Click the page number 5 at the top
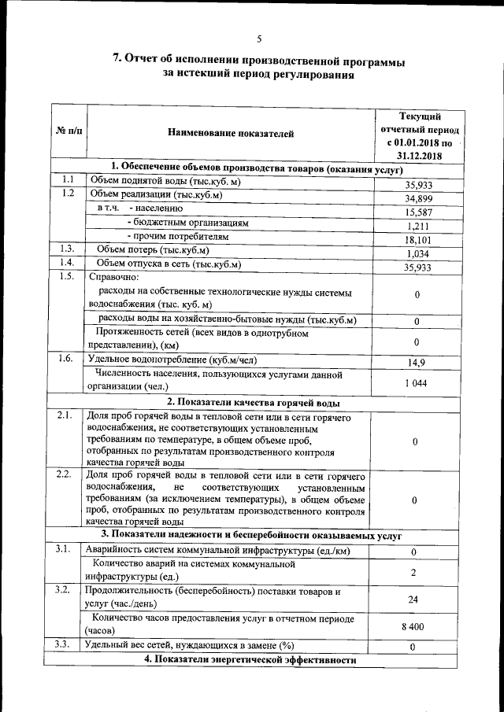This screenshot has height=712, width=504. pos(258,39)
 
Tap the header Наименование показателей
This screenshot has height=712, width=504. pos(231,133)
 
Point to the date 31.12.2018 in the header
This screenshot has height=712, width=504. pos(419,157)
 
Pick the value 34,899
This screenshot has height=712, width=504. pos(419,199)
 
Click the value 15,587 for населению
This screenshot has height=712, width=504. pos(419,212)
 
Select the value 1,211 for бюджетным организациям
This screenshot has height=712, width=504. pos(419,227)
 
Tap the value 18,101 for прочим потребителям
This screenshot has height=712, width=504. pos(419,240)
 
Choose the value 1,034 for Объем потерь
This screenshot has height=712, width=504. pos(419,253)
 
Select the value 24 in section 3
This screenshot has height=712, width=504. pos(413,599)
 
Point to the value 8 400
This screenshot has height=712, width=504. pos(413,626)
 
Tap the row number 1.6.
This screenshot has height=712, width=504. pos(67,359)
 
